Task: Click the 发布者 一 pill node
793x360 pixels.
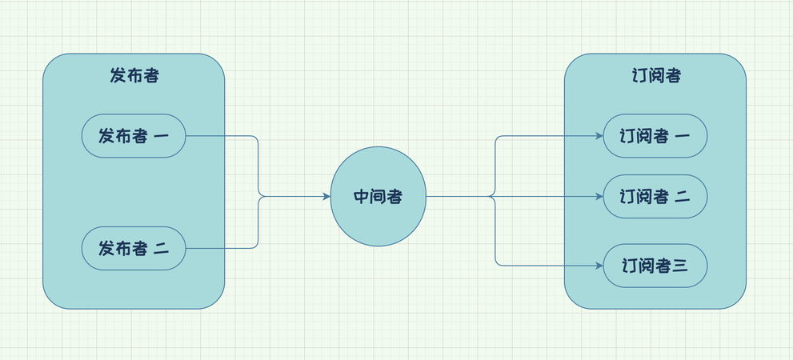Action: click(x=134, y=136)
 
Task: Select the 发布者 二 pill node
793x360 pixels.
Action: click(x=134, y=249)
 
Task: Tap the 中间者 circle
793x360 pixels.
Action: click(x=378, y=197)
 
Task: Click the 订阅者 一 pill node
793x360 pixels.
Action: click(x=655, y=136)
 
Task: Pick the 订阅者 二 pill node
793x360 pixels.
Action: click(x=655, y=197)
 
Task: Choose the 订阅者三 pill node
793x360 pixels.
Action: click(x=655, y=265)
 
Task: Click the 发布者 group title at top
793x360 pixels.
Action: click(x=134, y=76)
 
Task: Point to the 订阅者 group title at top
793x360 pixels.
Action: click(x=655, y=76)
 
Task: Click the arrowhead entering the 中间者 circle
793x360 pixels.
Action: click(x=326, y=197)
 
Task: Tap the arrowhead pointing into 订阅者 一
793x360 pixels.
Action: click(x=599, y=136)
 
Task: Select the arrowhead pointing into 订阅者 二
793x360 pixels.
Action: click(x=599, y=197)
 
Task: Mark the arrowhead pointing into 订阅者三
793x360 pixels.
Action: click(x=599, y=265)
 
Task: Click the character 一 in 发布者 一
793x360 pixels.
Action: click(x=161, y=137)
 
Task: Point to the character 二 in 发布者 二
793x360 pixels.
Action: click(x=161, y=249)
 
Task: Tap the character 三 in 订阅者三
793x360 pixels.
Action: click(x=679, y=266)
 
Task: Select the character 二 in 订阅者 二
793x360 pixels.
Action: click(x=683, y=197)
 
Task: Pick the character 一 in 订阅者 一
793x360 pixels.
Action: click(x=683, y=137)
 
